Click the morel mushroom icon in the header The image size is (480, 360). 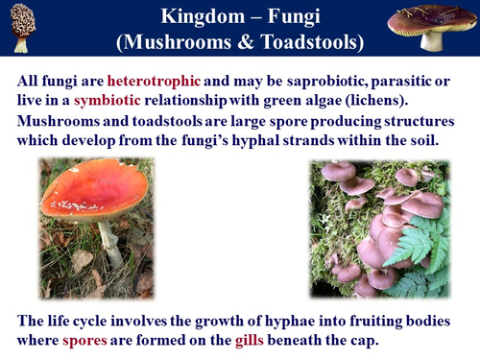[x=20, y=28]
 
